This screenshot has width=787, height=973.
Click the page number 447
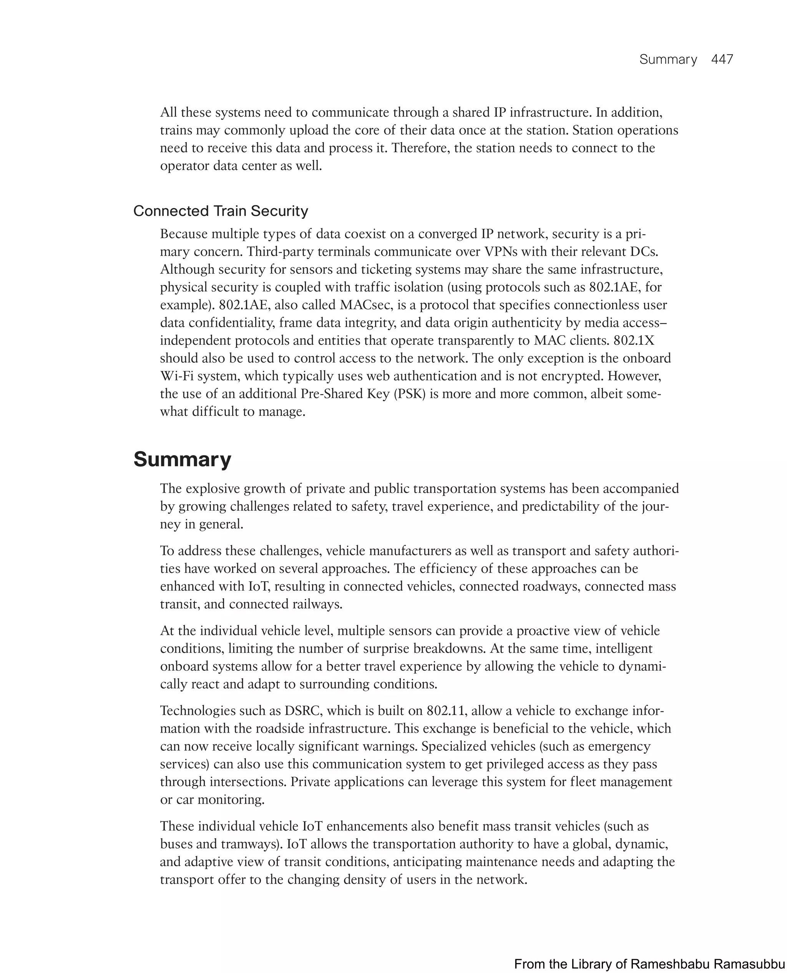[722, 60]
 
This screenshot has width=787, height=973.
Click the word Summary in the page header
[668, 60]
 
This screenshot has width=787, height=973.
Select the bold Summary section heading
[182, 459]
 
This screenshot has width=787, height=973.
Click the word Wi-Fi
[176, 376]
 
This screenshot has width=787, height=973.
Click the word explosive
[212, 488]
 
